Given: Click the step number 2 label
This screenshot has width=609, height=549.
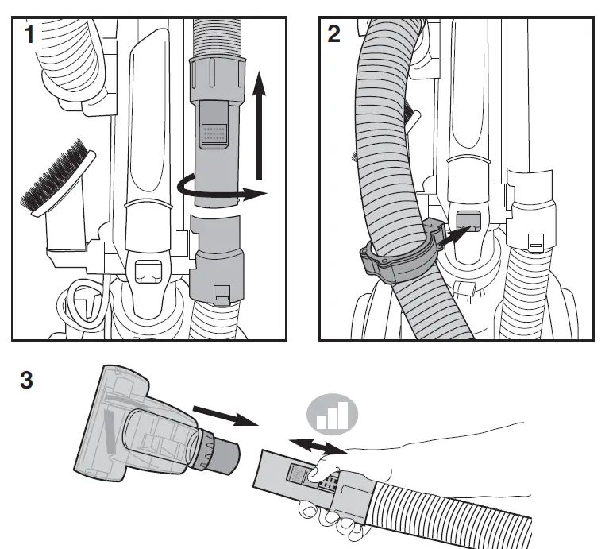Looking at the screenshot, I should tap(334, 34).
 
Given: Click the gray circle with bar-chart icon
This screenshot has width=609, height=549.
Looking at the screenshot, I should tap(333, 416).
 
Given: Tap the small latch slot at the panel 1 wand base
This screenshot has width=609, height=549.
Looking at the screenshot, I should tap(221, 299).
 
